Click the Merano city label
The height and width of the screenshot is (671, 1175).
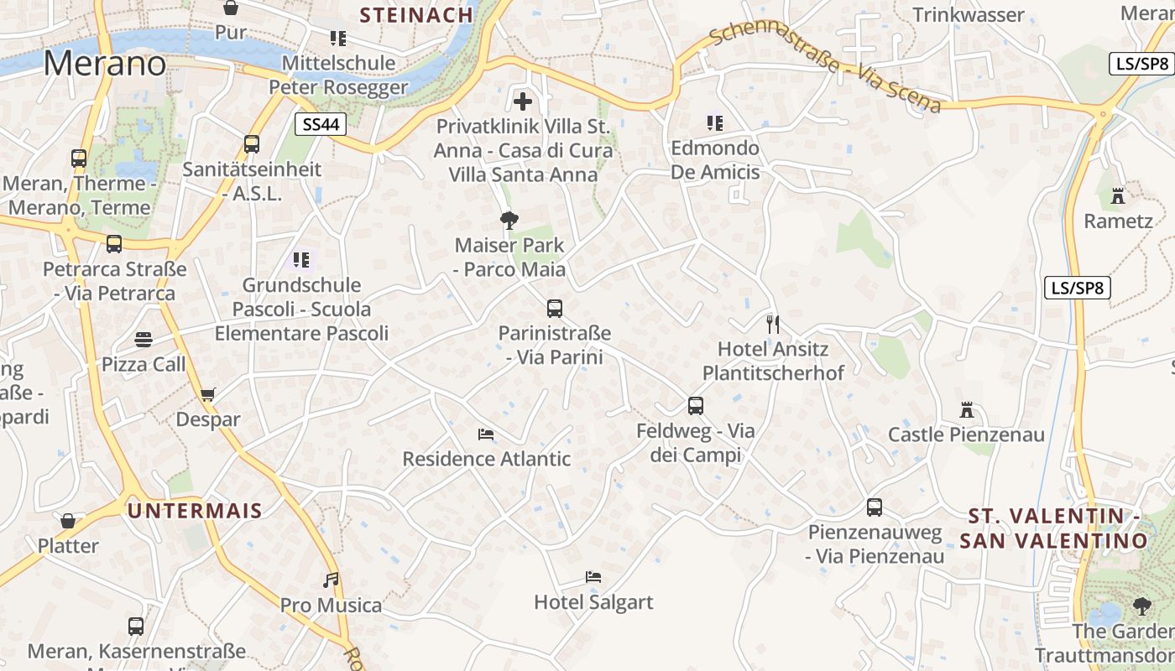click(105, 64)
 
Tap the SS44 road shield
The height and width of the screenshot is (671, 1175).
click(321, 125)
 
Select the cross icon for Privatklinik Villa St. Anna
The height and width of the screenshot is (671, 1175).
click(523, 102)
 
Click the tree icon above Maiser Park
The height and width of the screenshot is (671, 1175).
click(509, 221)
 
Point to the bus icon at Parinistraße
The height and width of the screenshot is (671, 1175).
click(554, 308)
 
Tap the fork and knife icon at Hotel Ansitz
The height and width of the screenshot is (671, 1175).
click(773, 324)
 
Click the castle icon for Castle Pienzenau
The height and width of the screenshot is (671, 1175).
click(967, 411)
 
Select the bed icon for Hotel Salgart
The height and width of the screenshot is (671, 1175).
click(593, 577)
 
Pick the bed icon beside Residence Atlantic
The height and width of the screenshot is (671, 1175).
click(485, 434)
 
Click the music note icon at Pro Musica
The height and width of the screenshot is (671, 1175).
click(331, 580)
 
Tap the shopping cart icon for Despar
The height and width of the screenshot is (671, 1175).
click(208, 394)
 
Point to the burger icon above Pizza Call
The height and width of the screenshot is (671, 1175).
click(144, 340)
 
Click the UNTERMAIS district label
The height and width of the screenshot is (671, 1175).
click(195, 510)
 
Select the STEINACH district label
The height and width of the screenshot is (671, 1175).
click(417, 14)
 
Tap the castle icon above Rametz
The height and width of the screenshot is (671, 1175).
click(1118, 196)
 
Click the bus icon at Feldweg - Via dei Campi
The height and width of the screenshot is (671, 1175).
click(695, 406)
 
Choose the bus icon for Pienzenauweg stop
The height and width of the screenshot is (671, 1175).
click(875, 507)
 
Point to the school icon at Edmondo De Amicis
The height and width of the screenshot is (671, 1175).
click(715, 123)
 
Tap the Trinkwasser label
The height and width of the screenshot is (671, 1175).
click(969, 15)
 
